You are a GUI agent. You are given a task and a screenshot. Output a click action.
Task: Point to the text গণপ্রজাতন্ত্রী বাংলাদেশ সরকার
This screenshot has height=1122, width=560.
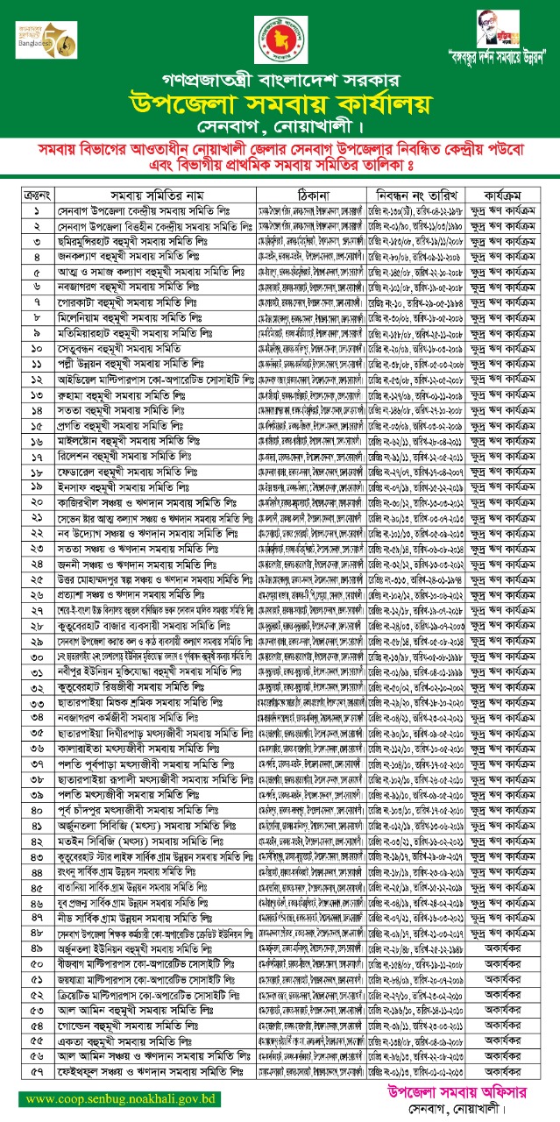(280, 77)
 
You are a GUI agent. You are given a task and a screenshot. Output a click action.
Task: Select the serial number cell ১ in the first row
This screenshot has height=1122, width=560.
(36, 211)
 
